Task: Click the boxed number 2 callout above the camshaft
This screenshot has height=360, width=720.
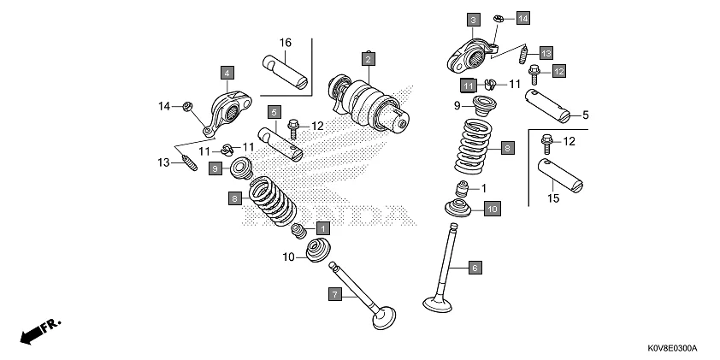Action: pos(368,59)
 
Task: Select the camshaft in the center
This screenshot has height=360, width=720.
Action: pos(369,106)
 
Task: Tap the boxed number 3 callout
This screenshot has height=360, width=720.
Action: pos(473,19)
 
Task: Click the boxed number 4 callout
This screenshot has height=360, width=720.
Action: pos(227,73)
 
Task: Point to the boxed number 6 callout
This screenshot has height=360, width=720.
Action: pos(475,268)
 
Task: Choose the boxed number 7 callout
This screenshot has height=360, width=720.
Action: pos(336,294)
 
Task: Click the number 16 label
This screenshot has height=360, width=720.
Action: pos(285,43)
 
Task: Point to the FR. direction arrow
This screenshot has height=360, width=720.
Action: pos(39,330)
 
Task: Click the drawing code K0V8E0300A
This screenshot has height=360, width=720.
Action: pos(671,349)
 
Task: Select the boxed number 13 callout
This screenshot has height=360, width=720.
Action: pos(545,51)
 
